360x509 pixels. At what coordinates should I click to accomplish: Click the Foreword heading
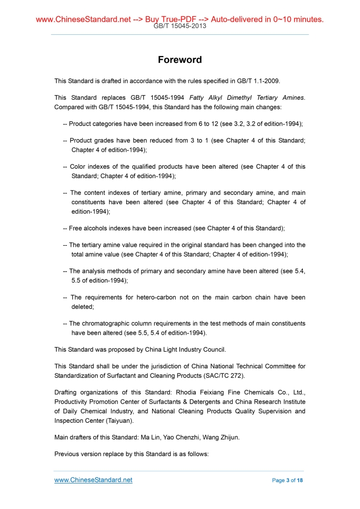180,60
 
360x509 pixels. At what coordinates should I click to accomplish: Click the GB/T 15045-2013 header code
180,26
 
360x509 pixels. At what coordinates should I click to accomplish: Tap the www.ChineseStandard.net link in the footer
94,480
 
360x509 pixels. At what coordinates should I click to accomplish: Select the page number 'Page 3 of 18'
287,480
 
